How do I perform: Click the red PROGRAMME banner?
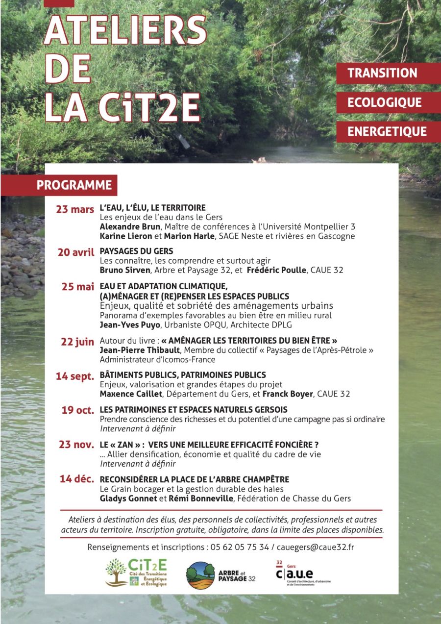[x=74, y=185]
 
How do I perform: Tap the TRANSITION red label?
[x=382, y=73]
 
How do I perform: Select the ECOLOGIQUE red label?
[x=384, y=102]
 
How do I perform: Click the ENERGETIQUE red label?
[x=387, y=131]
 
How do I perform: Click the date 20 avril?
[x=76, y=252]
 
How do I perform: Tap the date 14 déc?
[x=77, y=479]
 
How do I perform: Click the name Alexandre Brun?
[x=130, y=226]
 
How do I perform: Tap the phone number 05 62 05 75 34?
[x=240, y=547]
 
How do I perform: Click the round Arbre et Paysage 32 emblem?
[x=200, y=575]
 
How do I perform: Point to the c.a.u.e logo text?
[x=294, y=574]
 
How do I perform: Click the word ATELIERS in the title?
[x=125, y=30]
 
